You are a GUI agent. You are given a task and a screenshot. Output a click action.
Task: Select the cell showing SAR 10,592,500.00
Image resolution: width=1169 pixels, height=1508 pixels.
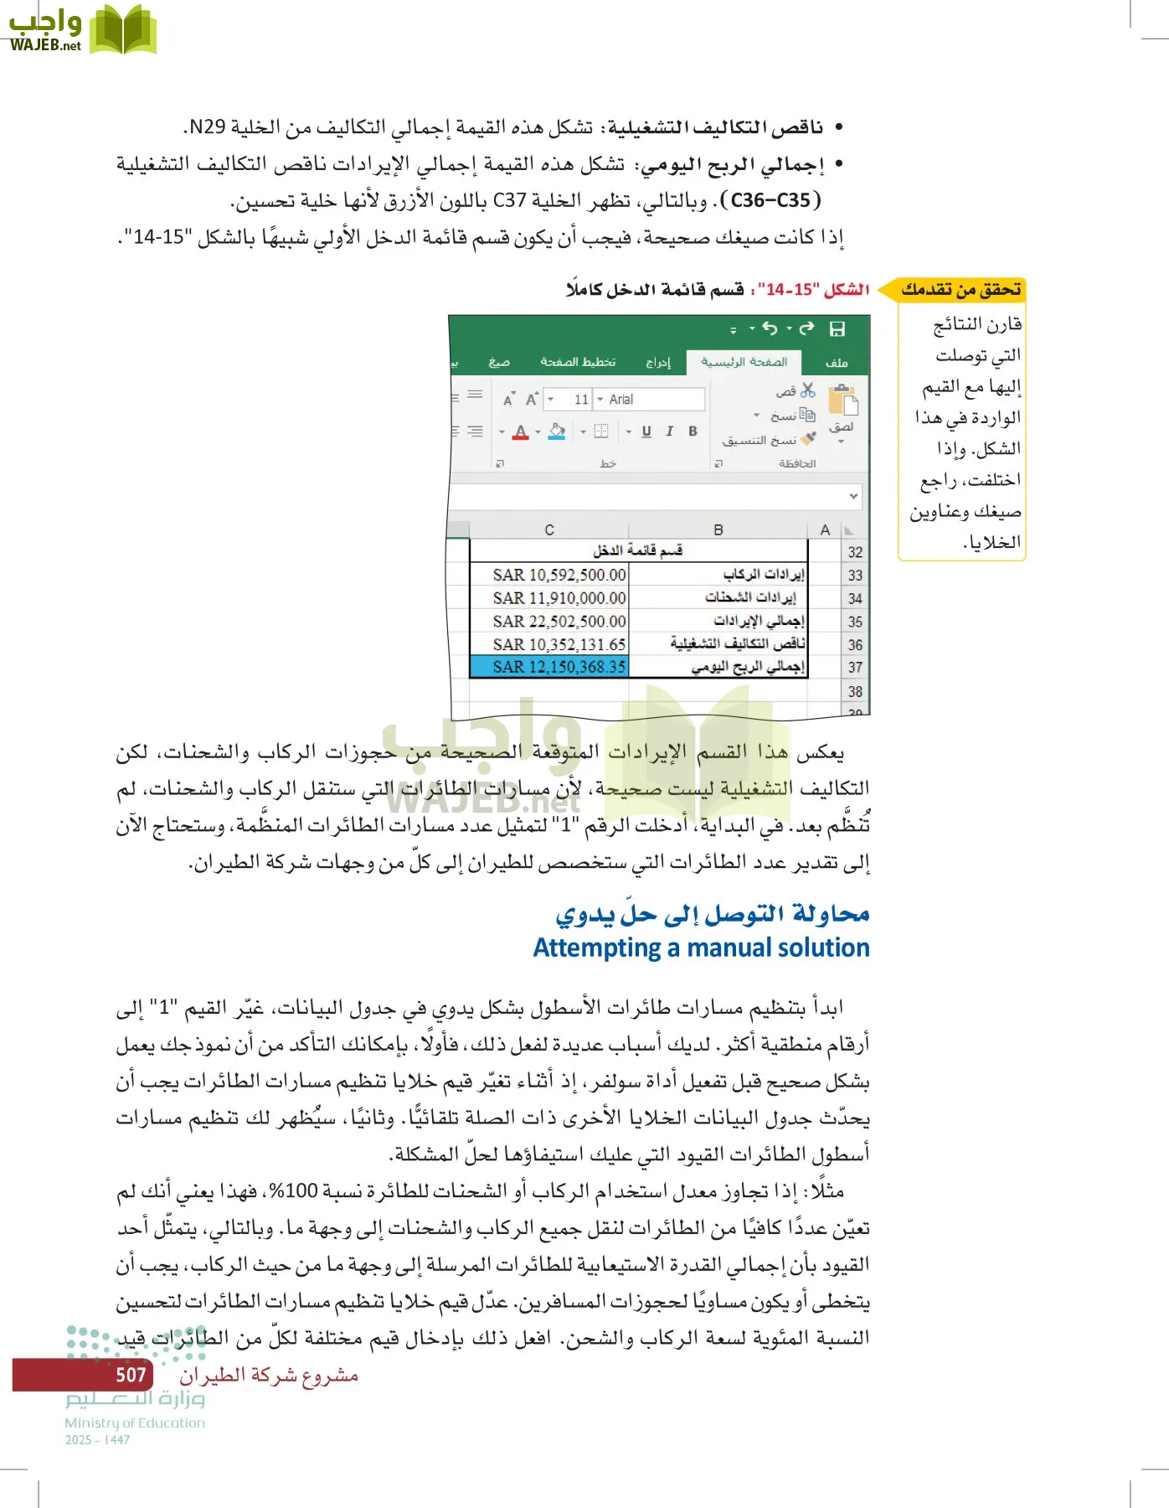click(559, 575)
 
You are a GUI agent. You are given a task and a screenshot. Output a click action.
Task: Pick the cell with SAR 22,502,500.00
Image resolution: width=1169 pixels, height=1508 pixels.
click(559, 622)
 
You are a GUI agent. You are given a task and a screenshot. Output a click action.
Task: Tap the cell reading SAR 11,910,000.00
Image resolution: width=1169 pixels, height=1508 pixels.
click(559, 598)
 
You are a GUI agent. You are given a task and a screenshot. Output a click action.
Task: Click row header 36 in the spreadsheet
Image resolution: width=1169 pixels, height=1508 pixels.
click(854, 645)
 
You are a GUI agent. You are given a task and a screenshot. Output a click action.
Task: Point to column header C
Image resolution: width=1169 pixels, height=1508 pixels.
click(549, 529)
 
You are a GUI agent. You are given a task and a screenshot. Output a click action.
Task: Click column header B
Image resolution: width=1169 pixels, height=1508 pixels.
click(718, 529)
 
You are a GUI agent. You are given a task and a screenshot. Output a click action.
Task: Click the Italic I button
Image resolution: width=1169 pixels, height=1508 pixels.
click(669, 431)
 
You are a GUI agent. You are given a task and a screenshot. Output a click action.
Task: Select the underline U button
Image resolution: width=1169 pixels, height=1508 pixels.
click(646, 431)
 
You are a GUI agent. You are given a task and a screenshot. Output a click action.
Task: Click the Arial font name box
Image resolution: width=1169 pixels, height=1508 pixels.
click(649, 400)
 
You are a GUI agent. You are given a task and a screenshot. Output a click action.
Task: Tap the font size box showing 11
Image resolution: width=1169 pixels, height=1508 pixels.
click(580, 400)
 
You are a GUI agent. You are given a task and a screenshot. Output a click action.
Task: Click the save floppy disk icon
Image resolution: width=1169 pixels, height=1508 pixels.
click(837, 329)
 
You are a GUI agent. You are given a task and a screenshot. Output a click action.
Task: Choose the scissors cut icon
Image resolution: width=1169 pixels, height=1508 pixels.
click(807, 390)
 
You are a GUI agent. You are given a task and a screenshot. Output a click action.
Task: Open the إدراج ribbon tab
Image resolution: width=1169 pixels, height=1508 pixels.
click(658, 362)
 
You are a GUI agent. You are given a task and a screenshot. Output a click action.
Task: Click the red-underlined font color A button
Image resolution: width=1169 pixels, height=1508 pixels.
click(520, 432)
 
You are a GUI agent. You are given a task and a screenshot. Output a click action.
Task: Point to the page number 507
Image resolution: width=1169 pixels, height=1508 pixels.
click(131, 1375)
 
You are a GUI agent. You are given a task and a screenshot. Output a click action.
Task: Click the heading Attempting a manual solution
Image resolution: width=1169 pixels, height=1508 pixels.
click(701, 948)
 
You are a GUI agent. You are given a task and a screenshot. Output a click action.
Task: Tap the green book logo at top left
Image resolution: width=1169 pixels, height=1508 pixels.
click(123, 30)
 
